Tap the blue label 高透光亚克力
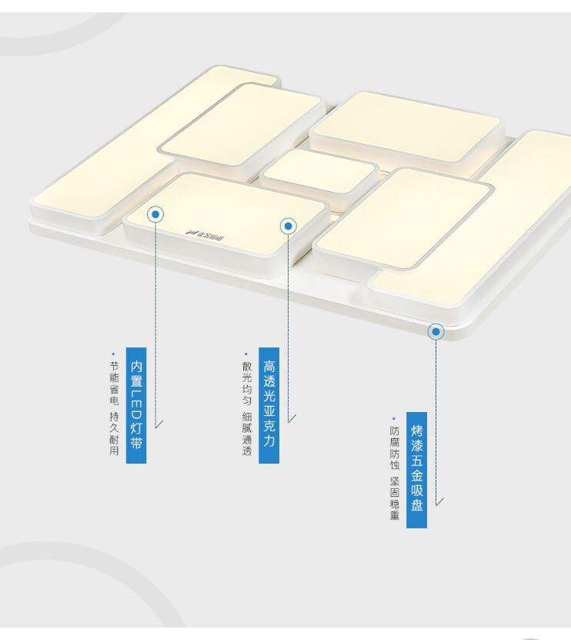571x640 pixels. tap(269, 404)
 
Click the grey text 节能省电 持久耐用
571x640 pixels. tap(114, 408)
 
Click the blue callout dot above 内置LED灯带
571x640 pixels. tap(155, 214)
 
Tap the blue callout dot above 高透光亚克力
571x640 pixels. tap(289, 226)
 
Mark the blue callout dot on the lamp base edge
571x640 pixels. tap(436, 332)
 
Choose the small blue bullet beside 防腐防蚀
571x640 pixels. tap(394, 418)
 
